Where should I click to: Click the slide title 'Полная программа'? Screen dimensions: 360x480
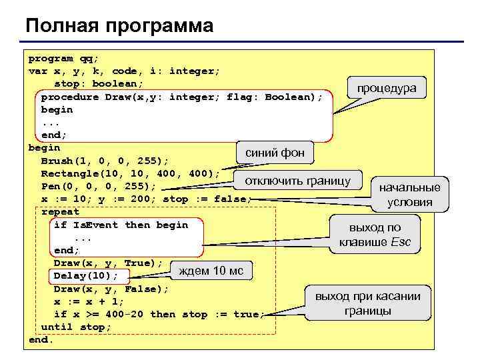click(x=120, y=26)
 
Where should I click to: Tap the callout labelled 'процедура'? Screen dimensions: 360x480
click(x=387, y=88)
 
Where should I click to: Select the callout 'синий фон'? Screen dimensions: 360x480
click(x=275, y=153)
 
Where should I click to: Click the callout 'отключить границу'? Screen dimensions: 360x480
click(x=298, y=181)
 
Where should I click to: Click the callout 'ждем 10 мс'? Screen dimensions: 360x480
click(x=211, y=270)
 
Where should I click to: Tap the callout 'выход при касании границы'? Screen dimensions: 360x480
click(x=367, y=303)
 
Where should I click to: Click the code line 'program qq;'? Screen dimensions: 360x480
click(x=63, y=58)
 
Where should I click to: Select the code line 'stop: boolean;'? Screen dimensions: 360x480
click(x=99, y=83)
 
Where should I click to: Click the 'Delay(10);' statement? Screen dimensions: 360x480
click(x=85, y=276)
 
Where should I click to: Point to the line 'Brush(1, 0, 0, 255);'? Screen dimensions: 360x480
click(x=105, y=161)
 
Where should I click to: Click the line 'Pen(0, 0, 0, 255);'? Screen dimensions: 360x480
click(x=99, y=186)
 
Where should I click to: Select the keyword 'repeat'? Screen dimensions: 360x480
click(x=60, y=212)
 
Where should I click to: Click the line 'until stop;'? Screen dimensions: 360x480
click(x=76, y=327)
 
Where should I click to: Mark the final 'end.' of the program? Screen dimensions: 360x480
click(x=41, y=340)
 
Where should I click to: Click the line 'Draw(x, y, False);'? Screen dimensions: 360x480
click(x=111, y=289)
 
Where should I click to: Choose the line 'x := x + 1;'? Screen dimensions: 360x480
click(x=89, y=301)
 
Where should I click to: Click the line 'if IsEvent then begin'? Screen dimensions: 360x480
click(x=121, y=225)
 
